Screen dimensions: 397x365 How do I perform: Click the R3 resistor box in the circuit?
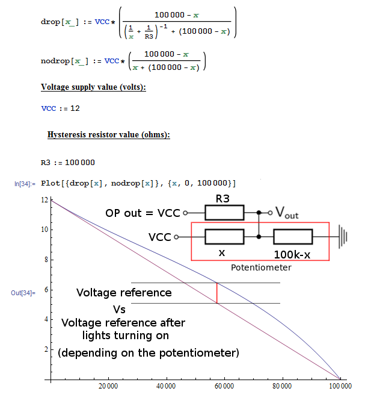[224, 213]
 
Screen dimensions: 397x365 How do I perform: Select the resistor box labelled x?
[224, 237]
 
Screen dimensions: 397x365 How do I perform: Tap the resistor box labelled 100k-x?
[292, 237]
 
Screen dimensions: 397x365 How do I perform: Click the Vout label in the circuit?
[286, 211]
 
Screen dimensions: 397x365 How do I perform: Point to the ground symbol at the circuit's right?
[343, 237]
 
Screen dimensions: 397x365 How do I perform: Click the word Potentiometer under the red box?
[260, 267]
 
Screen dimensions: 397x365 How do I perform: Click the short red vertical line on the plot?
[217, 293]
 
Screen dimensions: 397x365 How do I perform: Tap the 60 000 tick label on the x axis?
[224, 386]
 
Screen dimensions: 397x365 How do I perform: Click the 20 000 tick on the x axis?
[108, 386]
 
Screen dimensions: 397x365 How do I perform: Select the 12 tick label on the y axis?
[44, 199]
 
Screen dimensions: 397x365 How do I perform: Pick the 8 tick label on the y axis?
[45, 260]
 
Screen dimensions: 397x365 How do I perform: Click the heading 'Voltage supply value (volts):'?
[93, 87]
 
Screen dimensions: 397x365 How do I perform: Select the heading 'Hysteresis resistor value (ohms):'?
[108, 134]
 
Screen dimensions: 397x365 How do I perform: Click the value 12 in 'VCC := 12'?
[75, 108]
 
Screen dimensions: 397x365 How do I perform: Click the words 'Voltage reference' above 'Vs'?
[124, 293]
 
